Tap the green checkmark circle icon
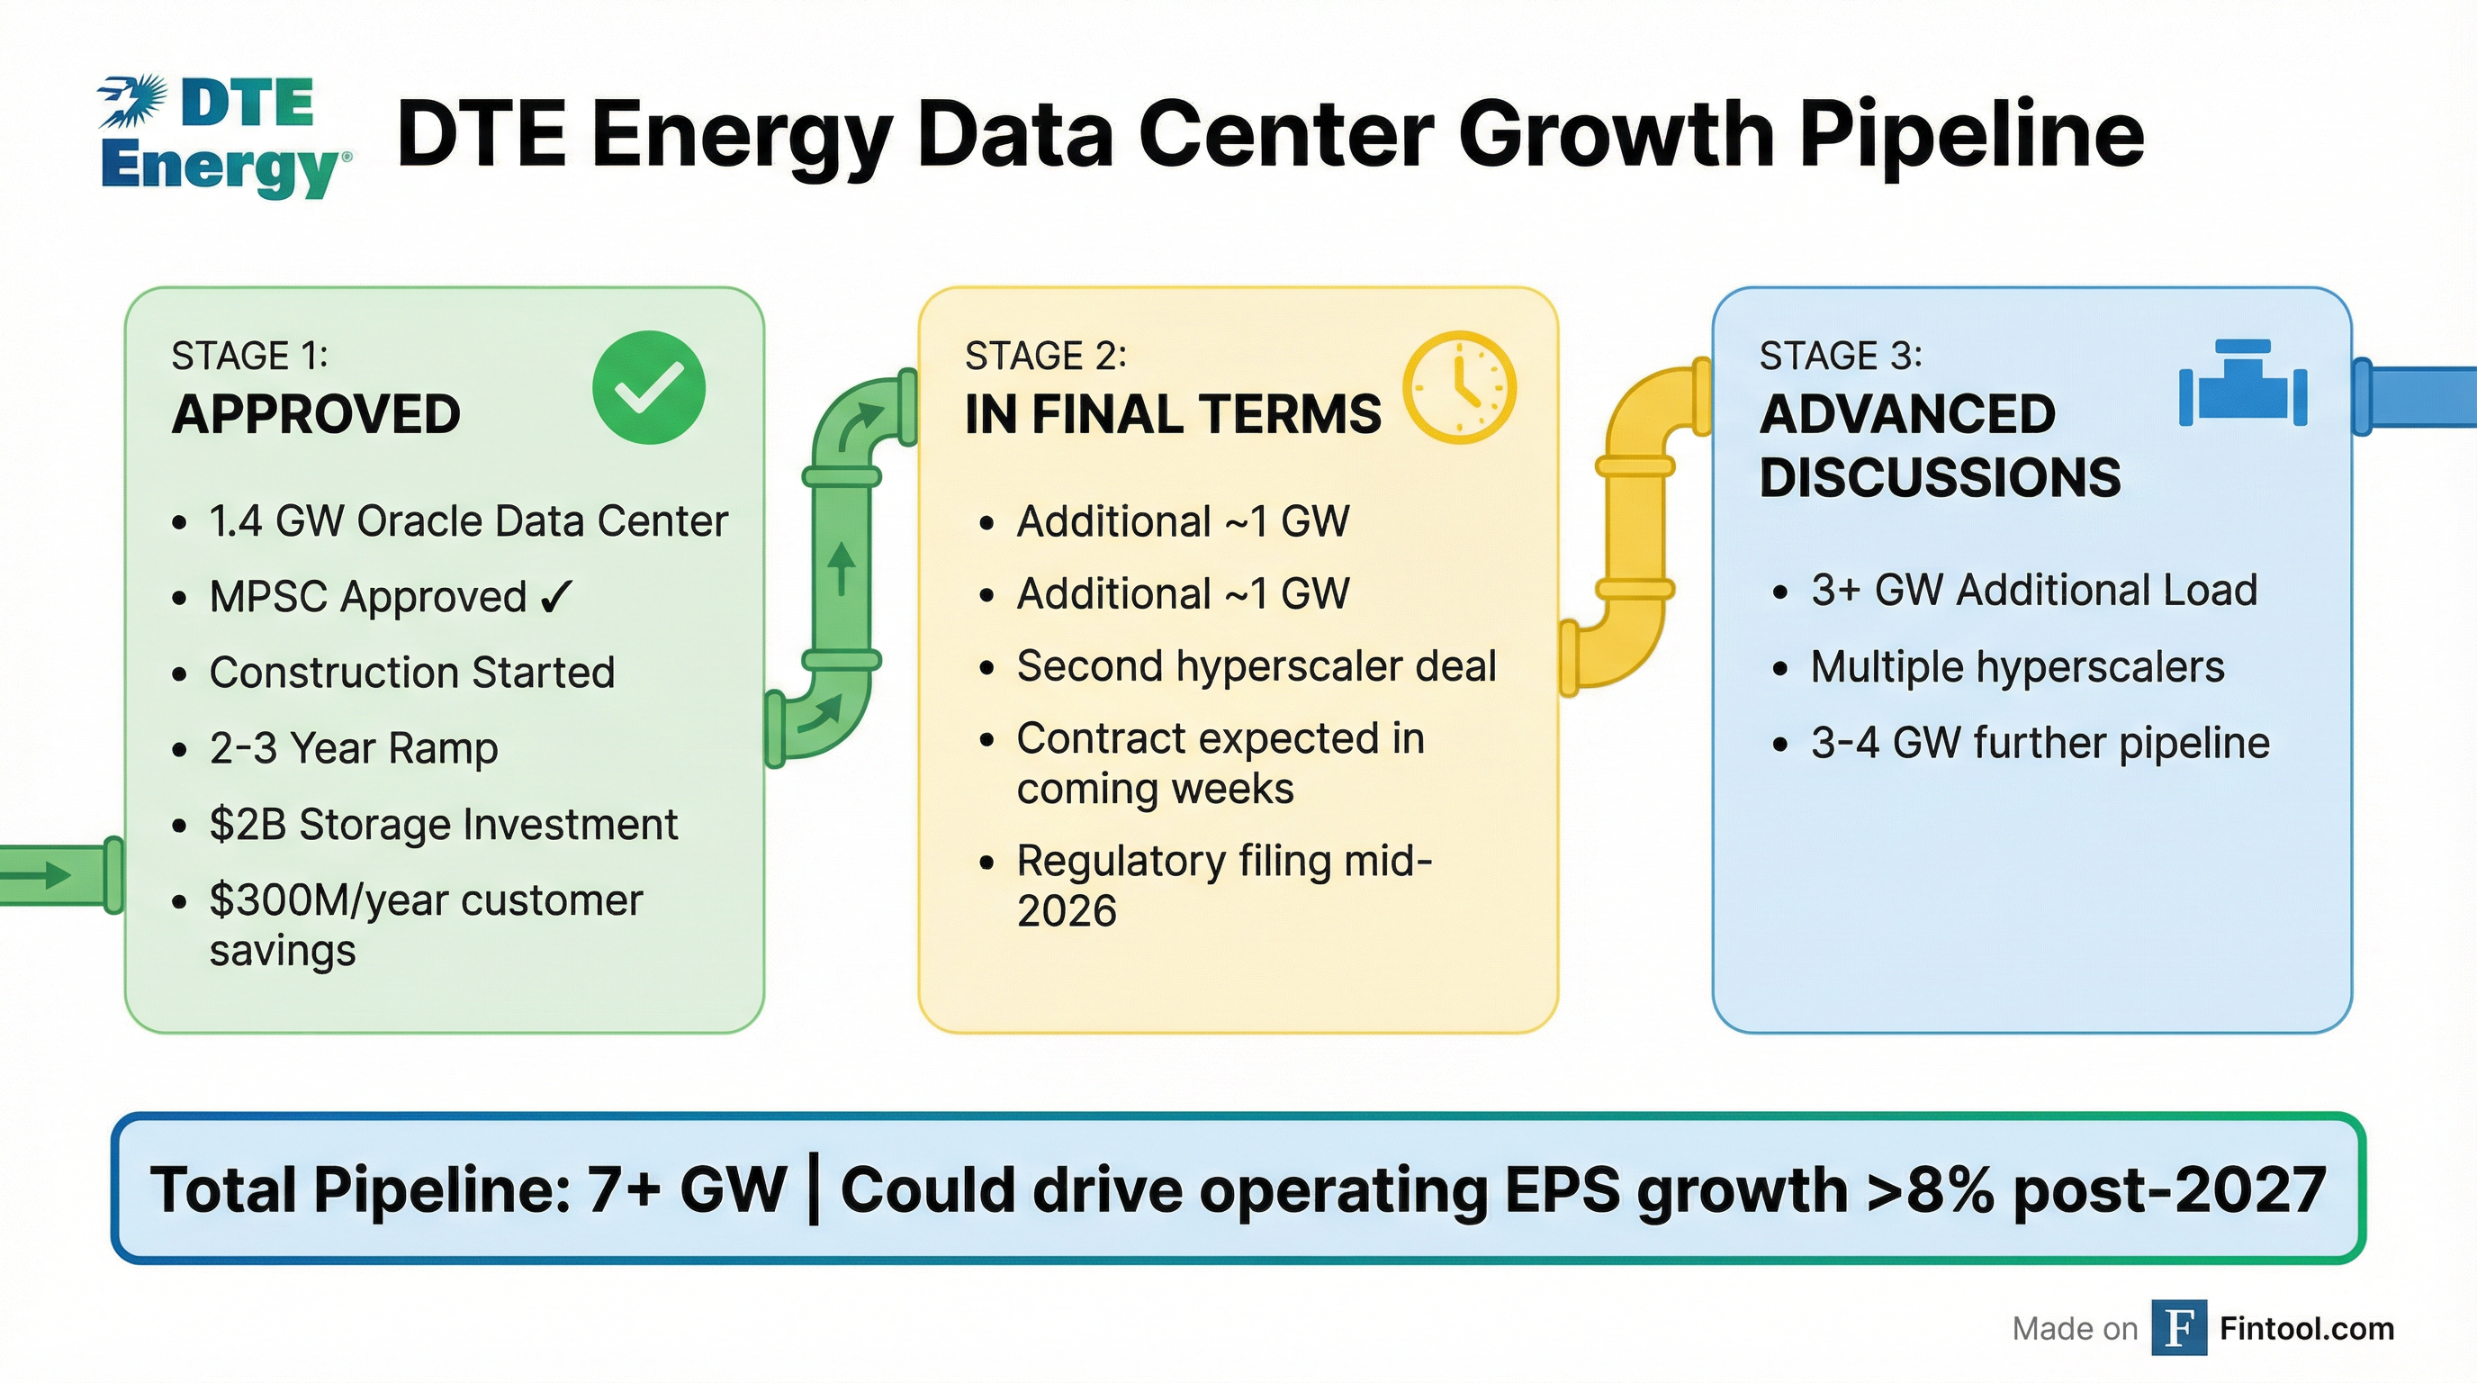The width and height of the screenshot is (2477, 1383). [x=649, y=386]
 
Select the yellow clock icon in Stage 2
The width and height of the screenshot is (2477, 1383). [x=1459, y=386]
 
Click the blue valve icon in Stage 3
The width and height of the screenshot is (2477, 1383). [x=2242, y=384]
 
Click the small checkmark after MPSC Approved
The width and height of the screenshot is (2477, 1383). [x=555, y=596]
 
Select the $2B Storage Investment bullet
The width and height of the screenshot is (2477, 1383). [x=442, y=824]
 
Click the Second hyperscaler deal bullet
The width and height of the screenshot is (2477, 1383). [x=1256, y=665]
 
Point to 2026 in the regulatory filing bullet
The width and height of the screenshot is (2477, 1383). [x=1067, y=911]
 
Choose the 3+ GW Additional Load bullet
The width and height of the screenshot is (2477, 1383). [x=2032, y=590]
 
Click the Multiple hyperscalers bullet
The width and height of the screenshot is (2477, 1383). [x=2016, y=666]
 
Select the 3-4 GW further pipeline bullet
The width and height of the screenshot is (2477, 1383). [x=2040, y=743]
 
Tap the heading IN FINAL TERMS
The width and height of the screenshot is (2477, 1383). [x=1172, y=414]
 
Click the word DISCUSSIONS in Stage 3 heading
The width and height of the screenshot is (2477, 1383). [x=1940, y=477]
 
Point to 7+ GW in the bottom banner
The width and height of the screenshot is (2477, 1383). [x=687, y=1189]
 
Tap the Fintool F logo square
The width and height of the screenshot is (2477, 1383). [x=2178, y=1328]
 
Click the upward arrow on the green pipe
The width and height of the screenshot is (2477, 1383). [x=842, y=567]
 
